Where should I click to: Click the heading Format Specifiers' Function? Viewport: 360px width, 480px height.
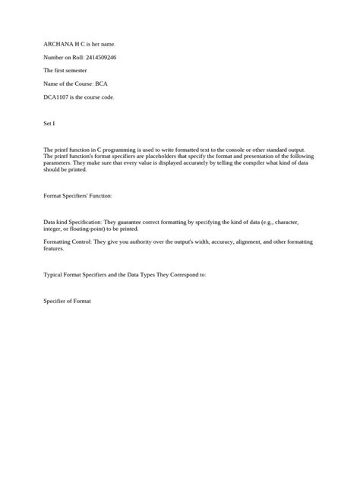78,196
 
